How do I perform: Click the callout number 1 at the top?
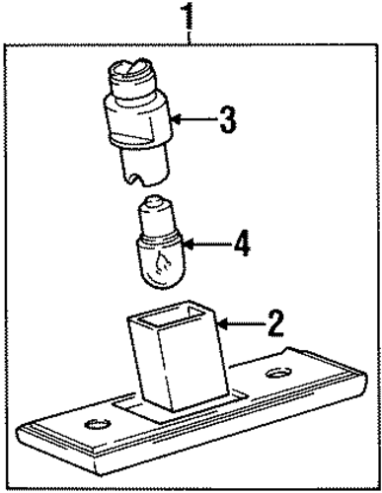[x=189, y=15]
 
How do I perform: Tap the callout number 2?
[x=275, y=323]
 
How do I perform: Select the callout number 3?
[x=228, y=119]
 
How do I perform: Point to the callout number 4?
[x=242, y=244]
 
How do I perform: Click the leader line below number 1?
[x=189, y=36]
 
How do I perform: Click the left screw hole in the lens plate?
[x=97, y=424]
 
